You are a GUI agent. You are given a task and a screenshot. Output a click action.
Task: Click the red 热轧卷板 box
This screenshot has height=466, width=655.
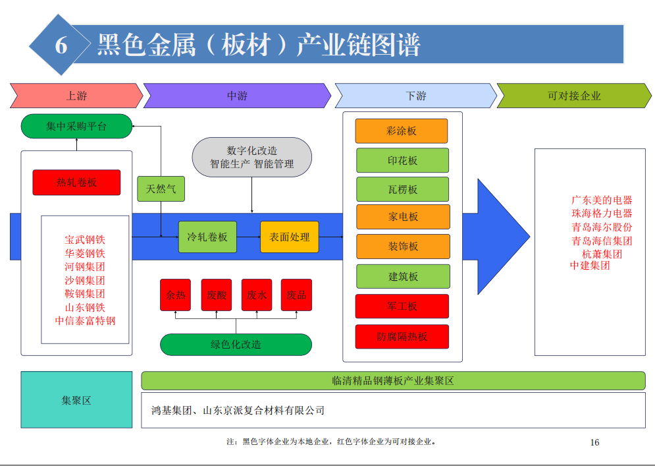(76, 183)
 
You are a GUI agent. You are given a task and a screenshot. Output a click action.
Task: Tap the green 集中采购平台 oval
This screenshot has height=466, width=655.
(76, 126)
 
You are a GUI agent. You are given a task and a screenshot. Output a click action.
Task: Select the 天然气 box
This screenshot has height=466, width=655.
(161, 189)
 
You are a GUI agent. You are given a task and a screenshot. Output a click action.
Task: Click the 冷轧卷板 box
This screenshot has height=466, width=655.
(207, 237)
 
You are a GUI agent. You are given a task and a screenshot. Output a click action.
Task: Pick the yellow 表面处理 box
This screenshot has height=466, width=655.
(290, 237)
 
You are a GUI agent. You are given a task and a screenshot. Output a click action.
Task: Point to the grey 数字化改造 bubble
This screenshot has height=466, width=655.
(252, 157)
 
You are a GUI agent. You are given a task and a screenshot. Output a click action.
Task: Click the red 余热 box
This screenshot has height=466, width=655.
(176, 295)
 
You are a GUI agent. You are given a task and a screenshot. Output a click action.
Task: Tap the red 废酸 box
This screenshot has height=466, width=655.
(217, 295)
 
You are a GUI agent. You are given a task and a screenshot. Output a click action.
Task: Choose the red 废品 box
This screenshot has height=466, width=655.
(297, 295)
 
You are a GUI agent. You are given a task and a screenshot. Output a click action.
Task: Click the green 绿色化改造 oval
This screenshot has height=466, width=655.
(236, 344)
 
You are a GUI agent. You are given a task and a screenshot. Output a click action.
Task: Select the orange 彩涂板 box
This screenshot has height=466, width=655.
(402, 131)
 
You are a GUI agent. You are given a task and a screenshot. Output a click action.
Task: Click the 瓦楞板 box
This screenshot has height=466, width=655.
(403, 189)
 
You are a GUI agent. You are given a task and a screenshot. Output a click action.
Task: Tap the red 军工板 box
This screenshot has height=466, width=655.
(402, 306)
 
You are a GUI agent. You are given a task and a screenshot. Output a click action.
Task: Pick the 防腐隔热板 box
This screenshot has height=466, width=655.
(402, 336)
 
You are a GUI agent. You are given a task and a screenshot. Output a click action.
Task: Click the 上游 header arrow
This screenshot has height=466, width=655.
(76, 96)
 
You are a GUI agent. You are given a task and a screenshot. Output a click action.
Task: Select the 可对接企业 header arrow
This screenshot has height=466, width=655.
(574, 96)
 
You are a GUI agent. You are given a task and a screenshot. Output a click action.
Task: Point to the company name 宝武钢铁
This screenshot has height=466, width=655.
(85, 240)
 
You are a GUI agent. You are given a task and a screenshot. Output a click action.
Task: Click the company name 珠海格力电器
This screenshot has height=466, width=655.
(602, 214)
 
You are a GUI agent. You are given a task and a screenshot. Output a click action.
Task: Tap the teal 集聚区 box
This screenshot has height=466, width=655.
(76, 400)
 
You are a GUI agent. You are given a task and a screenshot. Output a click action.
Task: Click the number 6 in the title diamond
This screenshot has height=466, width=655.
(61, 45)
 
